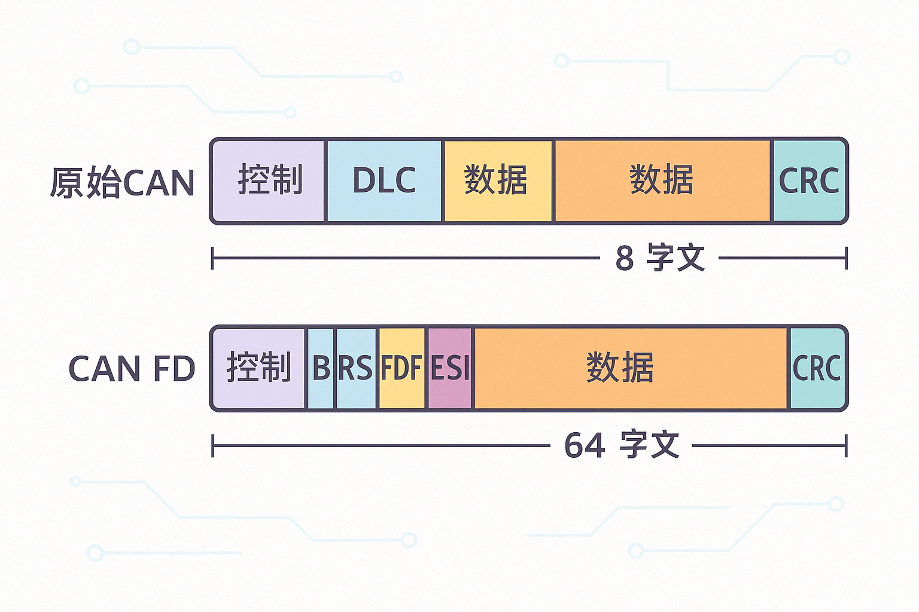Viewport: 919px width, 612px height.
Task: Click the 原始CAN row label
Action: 123,182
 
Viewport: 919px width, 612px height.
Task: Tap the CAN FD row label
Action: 132,369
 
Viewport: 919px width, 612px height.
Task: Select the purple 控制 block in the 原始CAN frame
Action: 269,180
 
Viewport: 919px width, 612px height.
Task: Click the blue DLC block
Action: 384,180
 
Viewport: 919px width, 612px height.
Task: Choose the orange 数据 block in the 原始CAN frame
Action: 662,180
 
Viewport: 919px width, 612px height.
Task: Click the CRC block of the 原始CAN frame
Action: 809,180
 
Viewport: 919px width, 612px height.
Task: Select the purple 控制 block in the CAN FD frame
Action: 259,368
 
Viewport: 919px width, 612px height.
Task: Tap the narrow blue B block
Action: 321,368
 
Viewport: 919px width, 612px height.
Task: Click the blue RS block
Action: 356,368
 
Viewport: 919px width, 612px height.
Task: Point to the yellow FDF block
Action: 401,368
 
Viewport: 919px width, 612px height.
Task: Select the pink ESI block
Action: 450,368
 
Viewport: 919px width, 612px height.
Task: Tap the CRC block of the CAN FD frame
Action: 817,368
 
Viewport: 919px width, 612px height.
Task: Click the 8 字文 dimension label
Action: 660,258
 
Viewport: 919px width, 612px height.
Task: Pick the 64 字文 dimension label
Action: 622,445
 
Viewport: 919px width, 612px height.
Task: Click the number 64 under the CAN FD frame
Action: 585,446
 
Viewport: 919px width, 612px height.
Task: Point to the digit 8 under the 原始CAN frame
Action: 625,259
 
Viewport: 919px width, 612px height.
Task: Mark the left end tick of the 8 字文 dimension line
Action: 213,258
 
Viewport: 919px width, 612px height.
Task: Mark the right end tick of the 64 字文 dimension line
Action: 846,446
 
